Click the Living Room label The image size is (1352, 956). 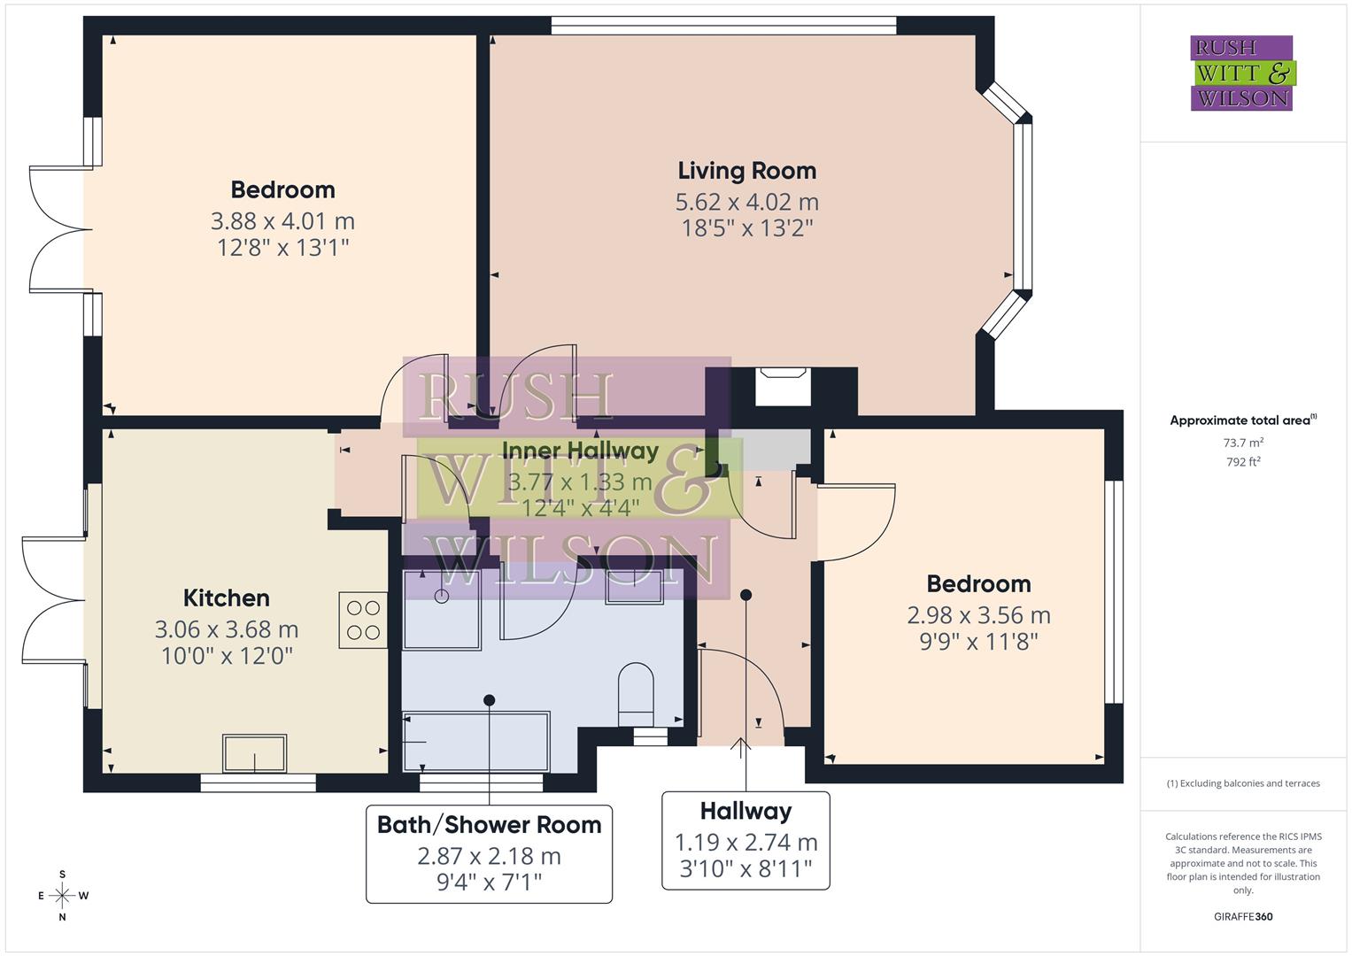click(746, 170)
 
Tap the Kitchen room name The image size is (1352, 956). click(226, 597)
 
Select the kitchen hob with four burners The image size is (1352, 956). click(363, 620)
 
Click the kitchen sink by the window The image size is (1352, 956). click(254, 754)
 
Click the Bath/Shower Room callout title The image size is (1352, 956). click(489, 825)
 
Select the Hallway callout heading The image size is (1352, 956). click(746, 811)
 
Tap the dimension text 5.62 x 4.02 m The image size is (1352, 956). click(746, 202)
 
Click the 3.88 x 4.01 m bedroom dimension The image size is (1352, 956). click(282, 220)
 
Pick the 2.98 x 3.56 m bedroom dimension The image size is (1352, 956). click(978, 615)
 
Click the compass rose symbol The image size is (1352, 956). click(62, 896)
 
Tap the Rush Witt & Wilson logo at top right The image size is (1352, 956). click(1242, 73)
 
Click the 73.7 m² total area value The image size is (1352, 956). click(1242, 443)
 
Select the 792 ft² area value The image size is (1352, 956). click(1242, 461)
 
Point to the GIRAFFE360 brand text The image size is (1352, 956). click(1242, 916)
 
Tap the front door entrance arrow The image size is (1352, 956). click(741, 748)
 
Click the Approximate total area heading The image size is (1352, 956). click(1242, 420)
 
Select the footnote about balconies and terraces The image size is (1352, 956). click(1242, 783)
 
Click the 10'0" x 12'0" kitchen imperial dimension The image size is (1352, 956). click(226, 656)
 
